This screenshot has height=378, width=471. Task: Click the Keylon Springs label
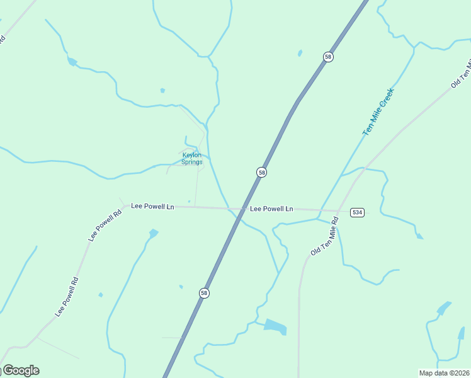click(x=192, y=158)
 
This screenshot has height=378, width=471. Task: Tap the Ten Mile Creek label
click(x=378, y=112)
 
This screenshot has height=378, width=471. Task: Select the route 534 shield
click(x=358, y=212)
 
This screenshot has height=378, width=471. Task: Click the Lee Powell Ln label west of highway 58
click(x=152, y=206)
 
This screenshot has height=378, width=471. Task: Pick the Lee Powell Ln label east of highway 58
click(x=271, y=209)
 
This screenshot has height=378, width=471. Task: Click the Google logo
click(x=20, y=370)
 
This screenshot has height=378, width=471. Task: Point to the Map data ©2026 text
click(x=445, y=373)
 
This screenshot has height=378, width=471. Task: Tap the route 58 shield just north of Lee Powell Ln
click(x=261, y=172)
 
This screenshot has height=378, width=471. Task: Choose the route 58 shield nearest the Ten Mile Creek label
click(x=328, y=57)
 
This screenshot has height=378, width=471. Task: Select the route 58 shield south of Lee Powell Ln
click(x=204, y=293)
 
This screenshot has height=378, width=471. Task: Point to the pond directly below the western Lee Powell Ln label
click(x=153, y=234)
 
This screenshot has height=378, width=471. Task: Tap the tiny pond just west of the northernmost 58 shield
click(x=300, y=53)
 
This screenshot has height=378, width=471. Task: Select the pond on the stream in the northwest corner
click(x=72, y=62)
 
